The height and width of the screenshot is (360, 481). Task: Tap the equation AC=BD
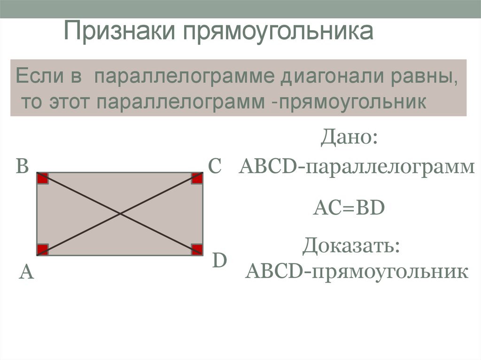point(349,207)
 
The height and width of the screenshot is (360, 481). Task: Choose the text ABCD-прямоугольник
point(357,271)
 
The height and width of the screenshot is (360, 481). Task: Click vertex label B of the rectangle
point(23,167)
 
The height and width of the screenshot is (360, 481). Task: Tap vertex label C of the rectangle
point(214,167)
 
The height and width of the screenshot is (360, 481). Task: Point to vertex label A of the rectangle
point(26,272)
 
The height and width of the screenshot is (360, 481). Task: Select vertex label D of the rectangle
point(219,260)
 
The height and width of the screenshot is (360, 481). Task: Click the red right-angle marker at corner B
point(43,178)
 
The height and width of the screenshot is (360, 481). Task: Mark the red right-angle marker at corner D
point(197,250)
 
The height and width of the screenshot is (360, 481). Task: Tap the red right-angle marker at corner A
point(43,250)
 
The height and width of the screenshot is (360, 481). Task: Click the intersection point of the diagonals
point(120,214)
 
